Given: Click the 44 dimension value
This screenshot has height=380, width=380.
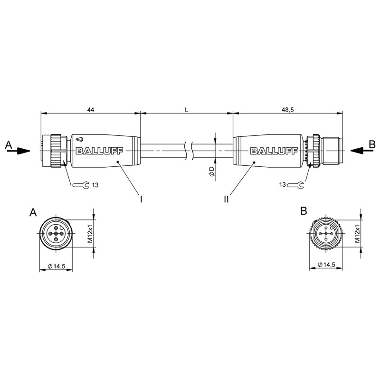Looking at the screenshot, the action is tap(90, 110).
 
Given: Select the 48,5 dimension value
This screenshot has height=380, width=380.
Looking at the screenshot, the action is tap(287, 110).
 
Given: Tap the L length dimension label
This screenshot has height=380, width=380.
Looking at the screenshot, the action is tap(186, 110).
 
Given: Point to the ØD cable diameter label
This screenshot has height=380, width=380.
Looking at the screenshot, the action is tap(211, 171).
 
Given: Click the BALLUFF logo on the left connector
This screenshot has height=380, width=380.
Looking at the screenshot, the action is tap(100, 151).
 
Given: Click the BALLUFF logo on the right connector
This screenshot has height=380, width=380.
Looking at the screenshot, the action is tap(274, 151).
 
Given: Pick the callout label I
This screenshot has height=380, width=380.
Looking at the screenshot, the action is tap(141, 199).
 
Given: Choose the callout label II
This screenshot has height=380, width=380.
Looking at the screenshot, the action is tap(227, 199).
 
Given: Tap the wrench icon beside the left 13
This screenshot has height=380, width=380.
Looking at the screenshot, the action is tap(81, 185).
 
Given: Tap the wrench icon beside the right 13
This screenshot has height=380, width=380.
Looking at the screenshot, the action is tap(295, 185).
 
